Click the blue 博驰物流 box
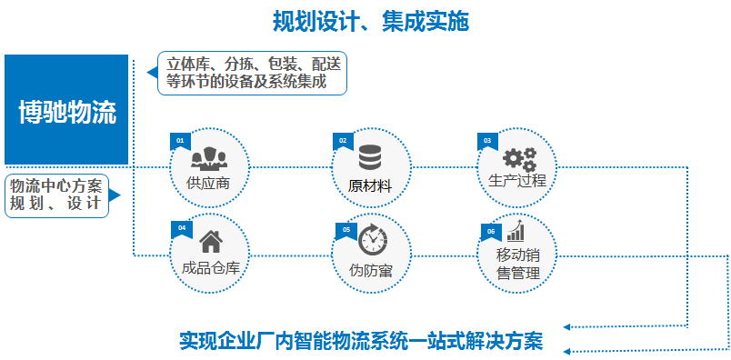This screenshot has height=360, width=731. (x=66, y=110)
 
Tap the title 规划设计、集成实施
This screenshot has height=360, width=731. (x=371, y=22)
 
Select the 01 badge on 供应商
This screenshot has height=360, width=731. (x=180, y=142)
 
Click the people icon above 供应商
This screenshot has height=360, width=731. (x=209, y=158)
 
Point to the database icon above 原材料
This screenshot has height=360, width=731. (x=370, y=157)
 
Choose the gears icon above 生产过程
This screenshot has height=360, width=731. (x=520, y=159)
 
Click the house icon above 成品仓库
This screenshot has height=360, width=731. (x=211, y=242)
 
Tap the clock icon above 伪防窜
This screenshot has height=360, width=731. (x=373, y=239)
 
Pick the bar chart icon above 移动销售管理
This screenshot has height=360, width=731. (x=516, y=231)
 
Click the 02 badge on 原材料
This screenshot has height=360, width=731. (x=343, y=141)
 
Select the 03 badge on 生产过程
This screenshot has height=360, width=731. (x=487, y=141)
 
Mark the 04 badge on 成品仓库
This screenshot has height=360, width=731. (x=181, y=229)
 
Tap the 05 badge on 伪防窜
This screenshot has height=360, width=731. (x=345, y=231)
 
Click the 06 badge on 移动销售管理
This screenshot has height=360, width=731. (x=491, y=232)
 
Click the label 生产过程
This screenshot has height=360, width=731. (x=517, y=181)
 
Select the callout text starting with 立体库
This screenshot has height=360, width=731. (x=252, y=73)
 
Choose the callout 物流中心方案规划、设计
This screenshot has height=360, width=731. (x=56, y=195)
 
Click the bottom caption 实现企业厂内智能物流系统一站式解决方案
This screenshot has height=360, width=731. (x=361, y=341)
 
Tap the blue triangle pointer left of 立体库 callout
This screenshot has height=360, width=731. (x=153, y=73)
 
